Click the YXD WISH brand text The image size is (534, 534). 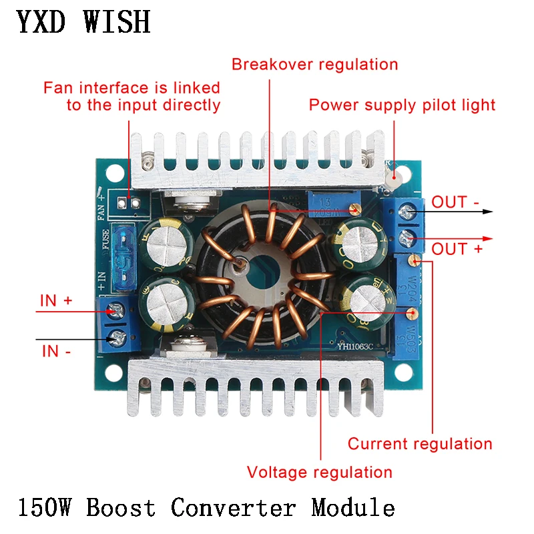coord(83,22)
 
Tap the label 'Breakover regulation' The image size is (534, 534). coord(314,65)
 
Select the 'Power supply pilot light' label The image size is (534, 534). coord(402,105)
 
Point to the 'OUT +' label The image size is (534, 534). coord(458,250)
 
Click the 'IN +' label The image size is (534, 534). coord(56,301)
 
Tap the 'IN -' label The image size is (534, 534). coord(56,350)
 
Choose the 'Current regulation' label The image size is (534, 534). coord(420,444)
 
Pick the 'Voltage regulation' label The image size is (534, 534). coord(320,473)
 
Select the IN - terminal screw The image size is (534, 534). coord(119,336)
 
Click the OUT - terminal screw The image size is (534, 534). coord(407,213)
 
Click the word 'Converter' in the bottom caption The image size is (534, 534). coord(233,509)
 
